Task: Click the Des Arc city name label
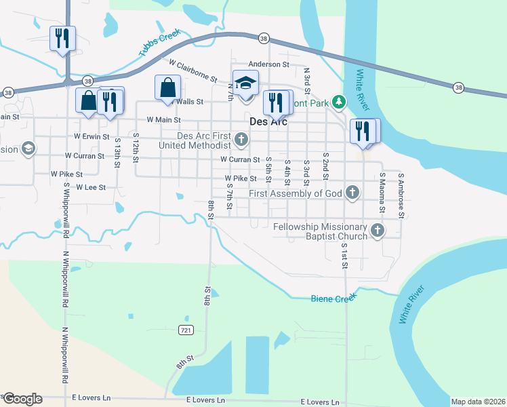pyautogui.click(x=268, y=122)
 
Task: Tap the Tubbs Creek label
pyautogui.click(x=160, y=43)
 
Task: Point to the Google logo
pyautogui.click(x=22, y=399)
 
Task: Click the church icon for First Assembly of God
pyautogui.click(x=352, y=193)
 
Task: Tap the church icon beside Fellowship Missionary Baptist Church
pyautogui.click(x=378, y=231)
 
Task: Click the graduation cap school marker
pyautogui.click(x=245, y=83)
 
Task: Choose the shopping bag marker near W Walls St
pyautogui.click(x=167, y=88)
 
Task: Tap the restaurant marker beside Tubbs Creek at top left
pyautogui.click(x=62, y=39)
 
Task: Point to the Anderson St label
pyautogui.click(x=268, y=64)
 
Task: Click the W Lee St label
pyautogui.click(x=90, y=187)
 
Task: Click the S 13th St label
pyautogui.click(x=117, y=155)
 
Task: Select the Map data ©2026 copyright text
pyautogui.click(x=478, y=402)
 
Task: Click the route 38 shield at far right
pyautogui.click(x=459, y=88)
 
